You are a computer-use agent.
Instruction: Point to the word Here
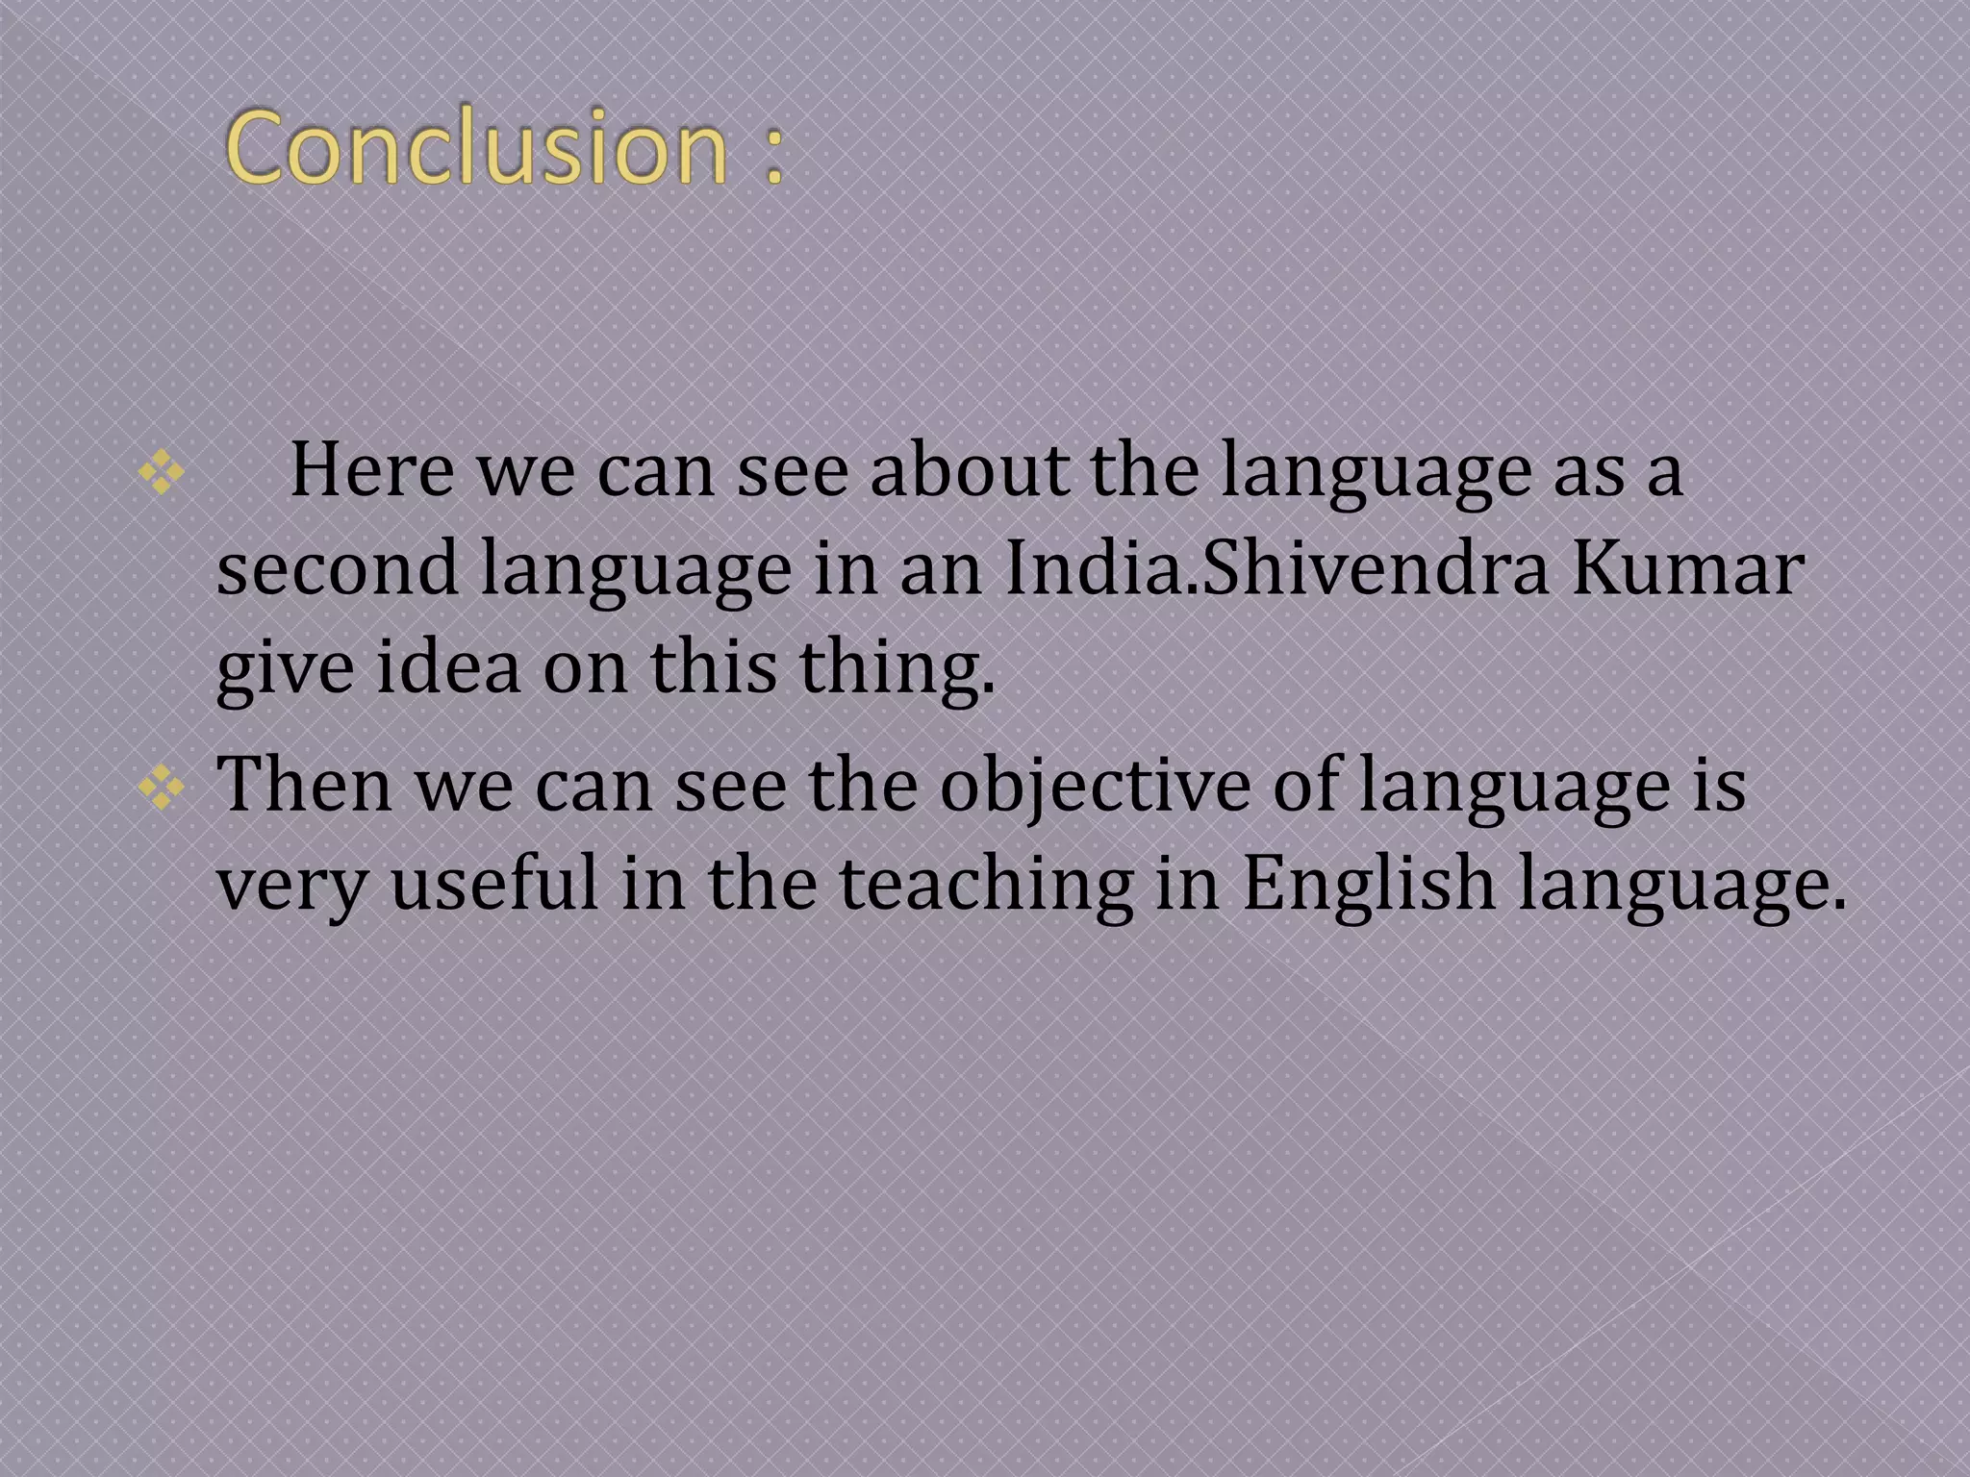tap(371, 470)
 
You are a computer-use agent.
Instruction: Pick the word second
tap(337, 569)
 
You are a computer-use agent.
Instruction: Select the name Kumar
tap(1687, 569)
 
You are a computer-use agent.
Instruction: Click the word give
tap(285, 669)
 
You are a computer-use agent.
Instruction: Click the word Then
tap(305, 786)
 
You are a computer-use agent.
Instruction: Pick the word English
tap(1369, 885)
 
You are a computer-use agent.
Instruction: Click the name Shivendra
tap(1376, 569)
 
